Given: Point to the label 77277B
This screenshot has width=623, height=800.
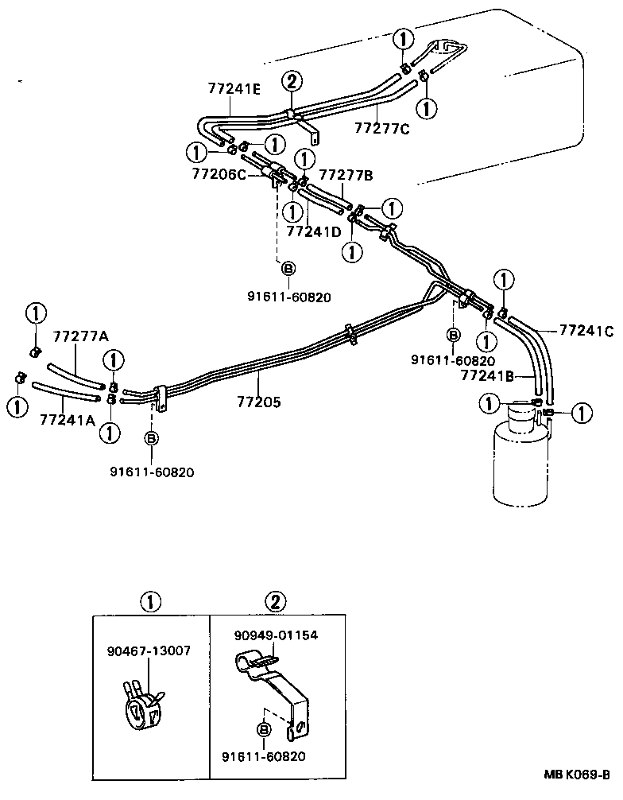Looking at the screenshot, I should pyautogui.click(x=346, y=173).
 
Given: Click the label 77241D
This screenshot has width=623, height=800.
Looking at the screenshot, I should pyautogui.click(x=313, y=231).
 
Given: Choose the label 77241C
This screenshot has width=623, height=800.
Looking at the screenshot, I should pyautogui.click(x=586, y=331).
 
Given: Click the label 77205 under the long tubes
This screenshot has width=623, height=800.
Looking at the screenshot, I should pyautogui.click(x=258, y=402).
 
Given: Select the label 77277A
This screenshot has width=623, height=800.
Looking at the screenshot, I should pyautogui.click(x=80, y=336).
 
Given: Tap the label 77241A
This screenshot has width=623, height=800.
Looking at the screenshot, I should pyautogui.click(x=67, y=419).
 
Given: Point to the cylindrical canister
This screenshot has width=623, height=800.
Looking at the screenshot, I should pyautogui.click(x=520, y=461).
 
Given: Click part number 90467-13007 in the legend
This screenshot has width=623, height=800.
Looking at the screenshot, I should pyautogui.click(x=149, y=650).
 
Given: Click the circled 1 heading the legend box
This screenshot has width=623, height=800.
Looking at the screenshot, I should pyautogui.click(x=149, y=601).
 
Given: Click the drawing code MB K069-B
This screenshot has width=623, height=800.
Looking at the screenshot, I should pyautogui.click(x=577, y=774).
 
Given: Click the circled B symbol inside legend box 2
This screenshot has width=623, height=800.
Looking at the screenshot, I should pyautogui.click(x=264, y=729).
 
